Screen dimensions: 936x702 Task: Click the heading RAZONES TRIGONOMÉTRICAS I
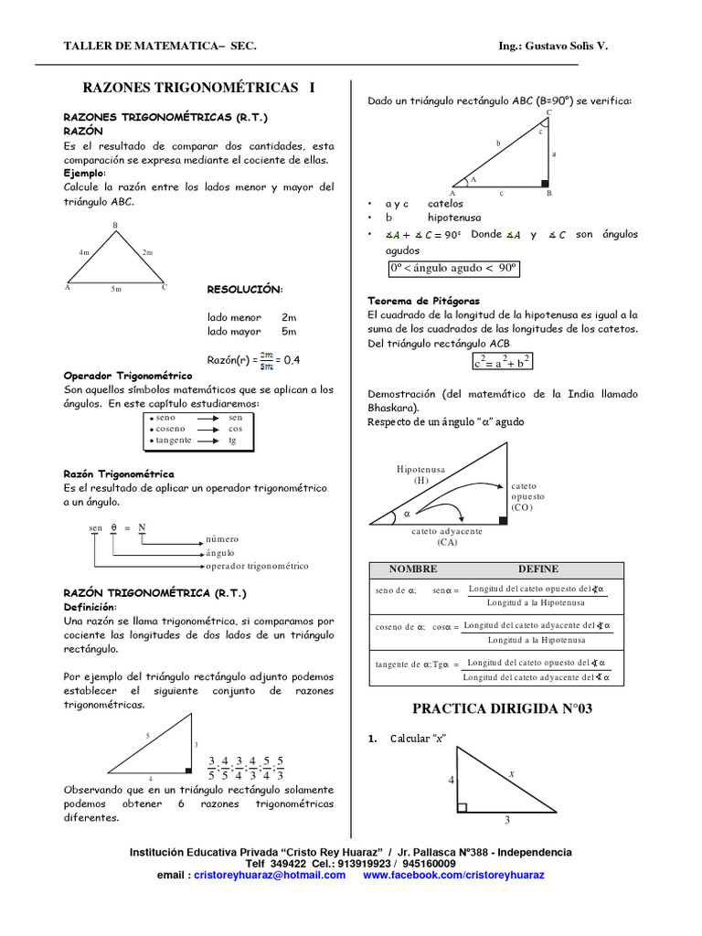click(x=198, y=88)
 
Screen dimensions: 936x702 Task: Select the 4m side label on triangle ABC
click(x=84, y=252)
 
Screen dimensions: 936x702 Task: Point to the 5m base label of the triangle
click(x=116, y=289)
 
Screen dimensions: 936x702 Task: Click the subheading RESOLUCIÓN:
click(x=245, y=289)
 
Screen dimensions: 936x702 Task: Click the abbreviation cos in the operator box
click(x=236, y=428)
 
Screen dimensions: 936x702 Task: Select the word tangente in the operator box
click(x=173, y=440)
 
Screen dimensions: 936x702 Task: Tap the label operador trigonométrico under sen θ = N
click(x=257, y=567)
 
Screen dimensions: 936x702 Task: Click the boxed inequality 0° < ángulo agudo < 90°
click(x=453, y=268)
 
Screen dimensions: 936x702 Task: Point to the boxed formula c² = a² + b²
click(x=502, y=362)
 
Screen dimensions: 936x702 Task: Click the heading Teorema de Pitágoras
click(x=423, y=300)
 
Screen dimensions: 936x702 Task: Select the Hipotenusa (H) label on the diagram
click(x=420, y=474)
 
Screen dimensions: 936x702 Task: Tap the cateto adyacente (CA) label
click(x=447, y=537)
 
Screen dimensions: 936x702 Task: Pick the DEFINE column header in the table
click(x=537, y=569)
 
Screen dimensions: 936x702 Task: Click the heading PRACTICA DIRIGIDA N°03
click(x=503, y=708)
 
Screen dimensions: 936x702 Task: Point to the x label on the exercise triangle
click(x=512, y=773)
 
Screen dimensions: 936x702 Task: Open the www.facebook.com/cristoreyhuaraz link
click(x=453, y=875)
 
